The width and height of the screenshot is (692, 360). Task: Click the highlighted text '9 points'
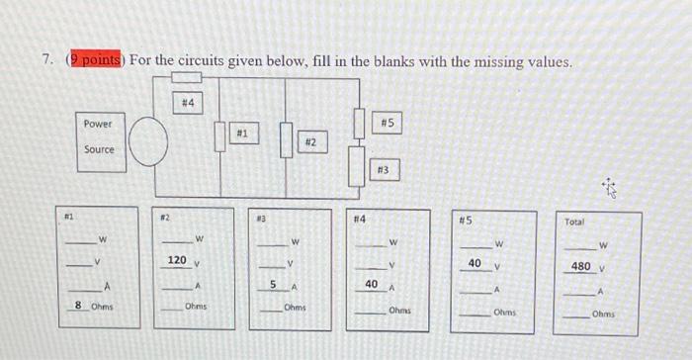tap(91, 61)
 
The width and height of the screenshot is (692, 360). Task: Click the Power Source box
tap(99, 137)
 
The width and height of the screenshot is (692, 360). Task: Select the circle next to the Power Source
tap(148, 142)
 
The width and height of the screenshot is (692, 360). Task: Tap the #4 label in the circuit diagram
tap(188, 103)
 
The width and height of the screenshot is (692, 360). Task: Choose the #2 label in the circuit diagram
tap(309, 144)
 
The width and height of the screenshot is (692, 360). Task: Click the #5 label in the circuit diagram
tap(387, 123)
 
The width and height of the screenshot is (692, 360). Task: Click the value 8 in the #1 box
tap(78, 306)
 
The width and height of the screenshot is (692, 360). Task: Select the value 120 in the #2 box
tap(177, 260)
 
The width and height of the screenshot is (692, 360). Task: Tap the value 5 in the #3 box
tap(273, 284)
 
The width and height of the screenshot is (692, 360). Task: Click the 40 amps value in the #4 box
tap(371, 284)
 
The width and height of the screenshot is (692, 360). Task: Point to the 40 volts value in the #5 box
tap(475, 263)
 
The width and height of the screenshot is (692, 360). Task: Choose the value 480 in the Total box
tap(582, 266)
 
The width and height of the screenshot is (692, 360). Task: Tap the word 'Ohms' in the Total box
tap(604, 314)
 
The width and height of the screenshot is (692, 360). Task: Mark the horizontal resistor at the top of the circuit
tap(187, 77)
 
